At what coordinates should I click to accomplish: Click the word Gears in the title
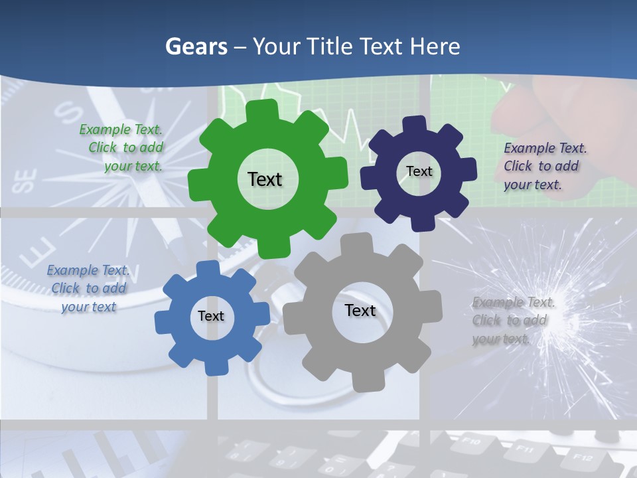click(x=196, y=46)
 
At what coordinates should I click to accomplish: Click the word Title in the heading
click(x=330, y=46)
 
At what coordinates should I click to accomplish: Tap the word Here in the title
click(x=435, y=46)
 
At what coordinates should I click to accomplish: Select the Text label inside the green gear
click(x=265, y=179)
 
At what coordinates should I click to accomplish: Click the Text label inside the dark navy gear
click(x=419, y=171)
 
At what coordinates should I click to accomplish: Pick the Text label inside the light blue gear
click(x=210, y=316)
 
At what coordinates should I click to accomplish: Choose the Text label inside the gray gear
click(x=360, y=310)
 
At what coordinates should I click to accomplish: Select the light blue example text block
click(x=88, y=288)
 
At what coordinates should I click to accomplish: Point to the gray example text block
click(x=510, y=320)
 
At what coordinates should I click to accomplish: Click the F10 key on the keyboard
click(x=470, y=440)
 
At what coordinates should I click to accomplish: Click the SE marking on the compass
click(x=25, y=181)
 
